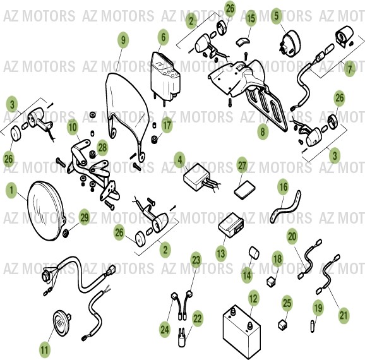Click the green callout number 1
[x=11, y=189]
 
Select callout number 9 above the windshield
[x=123, y=40]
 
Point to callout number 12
[x=253, y=297]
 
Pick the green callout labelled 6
[x=163, y=38]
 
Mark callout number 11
[x=44, y=349]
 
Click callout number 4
[x=180, y=159]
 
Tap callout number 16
[x=284, y=188]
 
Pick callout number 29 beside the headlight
[x=85, y=218]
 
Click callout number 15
[x=251, y=20]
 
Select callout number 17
[x=166, y=126]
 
